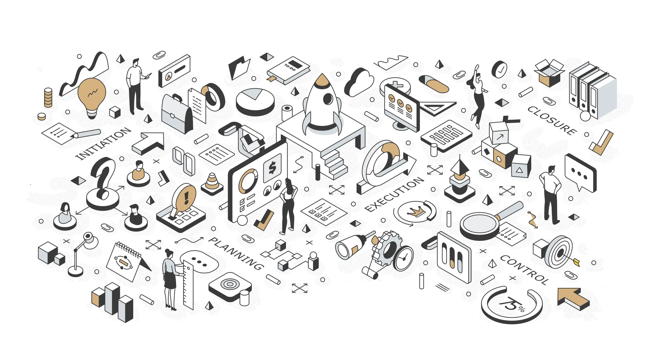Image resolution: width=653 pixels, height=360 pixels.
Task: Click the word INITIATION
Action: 103,143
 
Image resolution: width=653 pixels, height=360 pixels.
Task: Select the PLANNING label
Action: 236,253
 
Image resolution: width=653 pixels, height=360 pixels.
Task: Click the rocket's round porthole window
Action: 328,99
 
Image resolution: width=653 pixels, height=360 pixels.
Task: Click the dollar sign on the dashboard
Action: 272,168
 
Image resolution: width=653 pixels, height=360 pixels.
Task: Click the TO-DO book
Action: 288,70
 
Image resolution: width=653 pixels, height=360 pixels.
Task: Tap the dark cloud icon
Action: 359,82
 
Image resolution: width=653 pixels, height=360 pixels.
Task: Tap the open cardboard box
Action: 549,73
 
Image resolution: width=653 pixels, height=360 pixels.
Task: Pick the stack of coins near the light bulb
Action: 48,98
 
